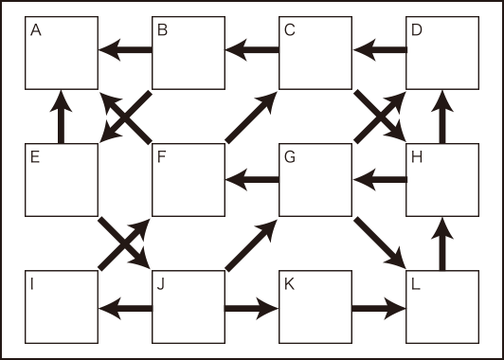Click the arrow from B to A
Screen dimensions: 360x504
click(x=125, y=51)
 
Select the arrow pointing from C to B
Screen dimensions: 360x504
click(x=252, y=51)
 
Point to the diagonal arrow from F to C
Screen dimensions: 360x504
click(x=251, y=117)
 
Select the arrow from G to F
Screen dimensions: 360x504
click(x=252, y=178)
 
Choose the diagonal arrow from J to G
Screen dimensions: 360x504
click(x=251, y=243)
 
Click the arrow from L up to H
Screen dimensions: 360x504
click(x=442, y=243)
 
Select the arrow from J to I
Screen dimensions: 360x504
click(x=125, y=307)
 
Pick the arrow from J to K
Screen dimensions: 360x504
click(x=252, y=307)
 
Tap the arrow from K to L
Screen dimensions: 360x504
click(x=379, y=307)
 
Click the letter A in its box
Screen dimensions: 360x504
click(x=36, y=29)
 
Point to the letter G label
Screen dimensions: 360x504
click(x=291, y=157)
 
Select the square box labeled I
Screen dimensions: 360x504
click(x=62, y=307)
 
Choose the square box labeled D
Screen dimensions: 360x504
click(x=442, y=52)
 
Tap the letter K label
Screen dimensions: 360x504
click(x=291, y=284)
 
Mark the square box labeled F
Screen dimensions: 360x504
click(x=189, y=179)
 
